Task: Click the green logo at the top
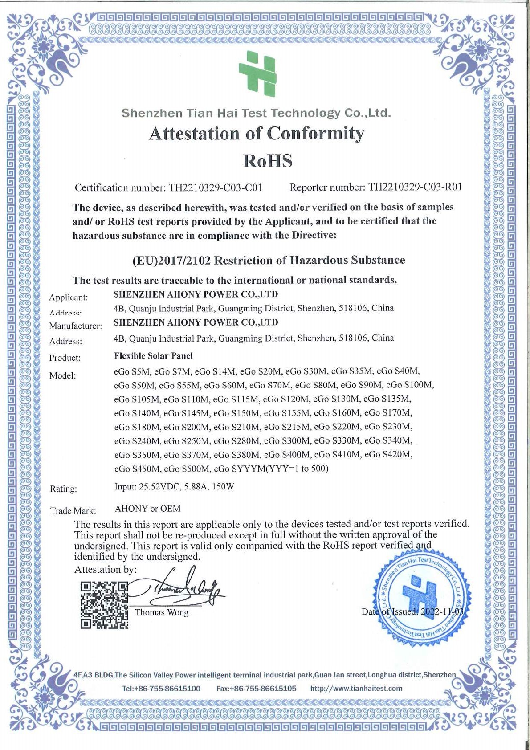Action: coord(258,73)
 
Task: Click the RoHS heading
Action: coord(267,161)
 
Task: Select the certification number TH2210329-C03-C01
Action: coord(215,187)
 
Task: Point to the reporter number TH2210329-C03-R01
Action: coord(415,187)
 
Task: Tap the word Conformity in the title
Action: coord(315,133)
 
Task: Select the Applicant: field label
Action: coord(69,298)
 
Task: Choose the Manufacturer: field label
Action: coord(75,326)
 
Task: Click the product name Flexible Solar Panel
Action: coord(153,356)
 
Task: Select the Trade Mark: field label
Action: coord(73,511)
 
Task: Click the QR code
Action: coord(105,605)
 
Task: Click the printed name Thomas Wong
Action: coord(162,613)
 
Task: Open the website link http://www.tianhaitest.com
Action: coord(356,689)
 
